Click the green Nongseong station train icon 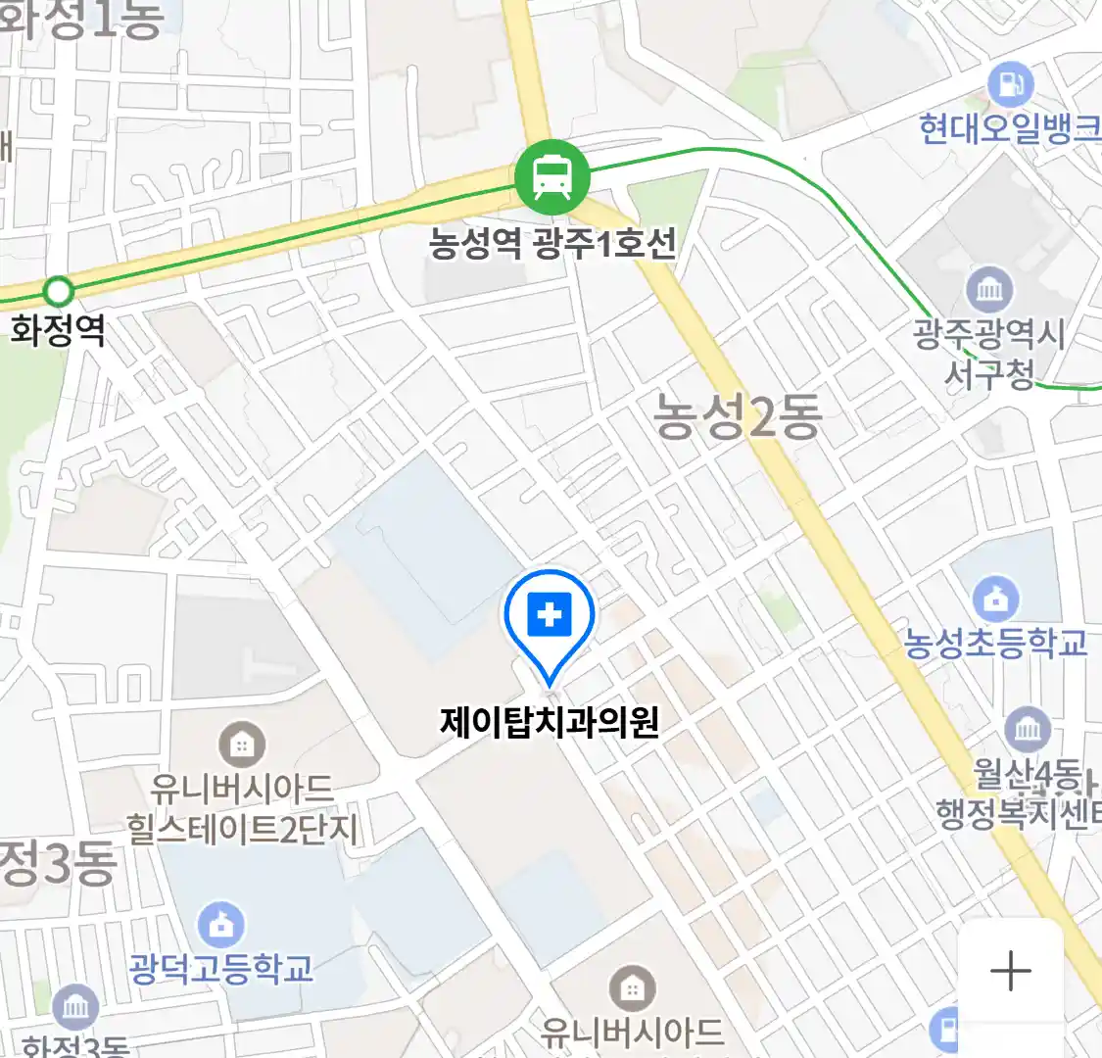click(552, 176)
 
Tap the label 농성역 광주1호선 click(552, 243)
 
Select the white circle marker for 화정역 click(59, 291)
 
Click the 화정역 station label click(58, 329)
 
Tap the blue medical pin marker click(550, 618)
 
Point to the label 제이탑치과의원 click(550, 723)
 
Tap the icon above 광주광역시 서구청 click(989, 289)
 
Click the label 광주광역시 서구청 click(989, 354)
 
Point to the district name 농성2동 click(738, 417)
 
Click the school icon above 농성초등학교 click(995, 599)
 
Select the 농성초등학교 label click(995, 644)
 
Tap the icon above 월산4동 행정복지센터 click(1028, 729)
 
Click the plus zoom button click(1010, 971)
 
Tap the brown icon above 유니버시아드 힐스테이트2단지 click(241, 745)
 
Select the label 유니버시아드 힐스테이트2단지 click(242, 809)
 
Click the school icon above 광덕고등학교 click(221, 924)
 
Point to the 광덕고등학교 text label click(221, 969)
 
